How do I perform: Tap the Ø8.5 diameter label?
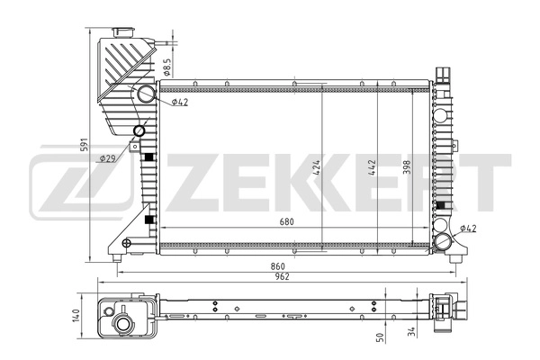click(167, 65)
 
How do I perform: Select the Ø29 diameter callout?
click(107, 158)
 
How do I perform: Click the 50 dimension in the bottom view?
click(379, 337)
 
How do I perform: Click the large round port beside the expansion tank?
click(147, 96)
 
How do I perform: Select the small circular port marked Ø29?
click(138, 131)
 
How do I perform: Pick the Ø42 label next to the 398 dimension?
click(468, 229)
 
